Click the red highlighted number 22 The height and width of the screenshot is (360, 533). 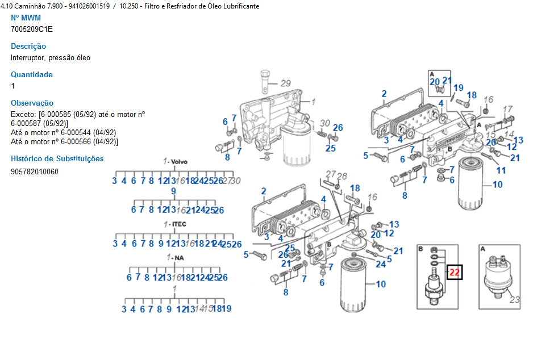[x=455, y=273]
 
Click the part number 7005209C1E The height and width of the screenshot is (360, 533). [x=32, y=29]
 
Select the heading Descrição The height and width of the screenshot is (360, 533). [x=28, y=46]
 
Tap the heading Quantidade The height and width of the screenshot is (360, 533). [x=32, y=74]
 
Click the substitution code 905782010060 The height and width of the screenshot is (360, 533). [x=34, y=171]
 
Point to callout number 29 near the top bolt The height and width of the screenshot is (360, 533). [x=285, y=82]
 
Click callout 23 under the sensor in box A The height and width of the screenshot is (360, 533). [x=515, y=300]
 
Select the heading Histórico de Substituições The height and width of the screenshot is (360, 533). [x=57, y=158]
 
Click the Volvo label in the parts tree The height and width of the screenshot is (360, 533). [x=178, y=162]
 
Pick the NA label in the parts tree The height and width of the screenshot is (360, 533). [x=178, y=258]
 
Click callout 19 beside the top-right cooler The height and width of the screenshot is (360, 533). [x=458, y=87]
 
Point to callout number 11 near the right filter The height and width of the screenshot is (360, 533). [x=501, y=170]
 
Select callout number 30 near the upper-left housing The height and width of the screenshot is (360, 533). [x=324, y=123]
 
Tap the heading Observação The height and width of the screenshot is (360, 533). [x=32, y=103]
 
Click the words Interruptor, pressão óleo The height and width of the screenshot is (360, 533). [x=51, y=57]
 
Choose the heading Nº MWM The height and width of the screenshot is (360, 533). [x=26, y=18]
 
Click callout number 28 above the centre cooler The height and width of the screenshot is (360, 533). [x=342, y=176]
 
